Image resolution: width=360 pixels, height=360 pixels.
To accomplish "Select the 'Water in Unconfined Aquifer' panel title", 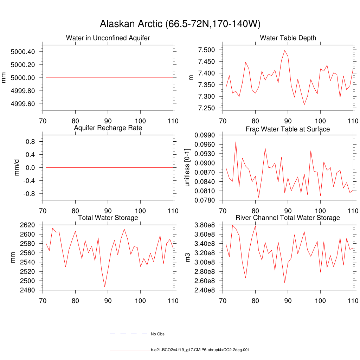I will tap(108, 38).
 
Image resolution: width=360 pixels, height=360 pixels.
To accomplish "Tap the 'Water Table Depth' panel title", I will tap(288, 38).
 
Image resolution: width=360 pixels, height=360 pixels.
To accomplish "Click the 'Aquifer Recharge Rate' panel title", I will tap(108, 128).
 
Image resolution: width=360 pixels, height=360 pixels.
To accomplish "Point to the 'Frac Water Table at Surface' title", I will tap(288, 129).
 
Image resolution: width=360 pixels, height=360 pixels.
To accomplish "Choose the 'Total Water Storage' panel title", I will tap(108, 218).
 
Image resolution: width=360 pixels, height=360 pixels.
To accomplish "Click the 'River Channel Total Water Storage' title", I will tap(288, 218).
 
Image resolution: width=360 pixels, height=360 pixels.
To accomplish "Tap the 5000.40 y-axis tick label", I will tap(23, 52).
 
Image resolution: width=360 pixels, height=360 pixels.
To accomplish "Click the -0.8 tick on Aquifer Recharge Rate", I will tap(28, 194).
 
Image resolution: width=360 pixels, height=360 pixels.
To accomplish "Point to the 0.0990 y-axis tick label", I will tap(205, 135).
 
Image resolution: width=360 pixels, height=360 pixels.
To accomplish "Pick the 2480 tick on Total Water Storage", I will tap(27, 290).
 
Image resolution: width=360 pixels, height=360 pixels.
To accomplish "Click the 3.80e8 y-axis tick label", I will tap(205, 225).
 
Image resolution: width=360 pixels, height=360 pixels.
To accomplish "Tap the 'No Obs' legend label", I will tap(157, 334).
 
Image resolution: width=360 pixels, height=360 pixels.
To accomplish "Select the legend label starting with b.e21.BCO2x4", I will tap(200, 350).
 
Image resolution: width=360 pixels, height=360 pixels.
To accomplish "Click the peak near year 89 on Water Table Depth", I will tap(285, 50).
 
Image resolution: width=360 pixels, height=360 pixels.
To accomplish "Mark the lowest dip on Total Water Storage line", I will tap(105, 287).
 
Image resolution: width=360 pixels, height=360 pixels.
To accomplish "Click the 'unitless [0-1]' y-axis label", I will tap(187, 168).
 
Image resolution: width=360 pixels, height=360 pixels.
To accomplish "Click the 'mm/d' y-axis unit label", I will tap(17, 168).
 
